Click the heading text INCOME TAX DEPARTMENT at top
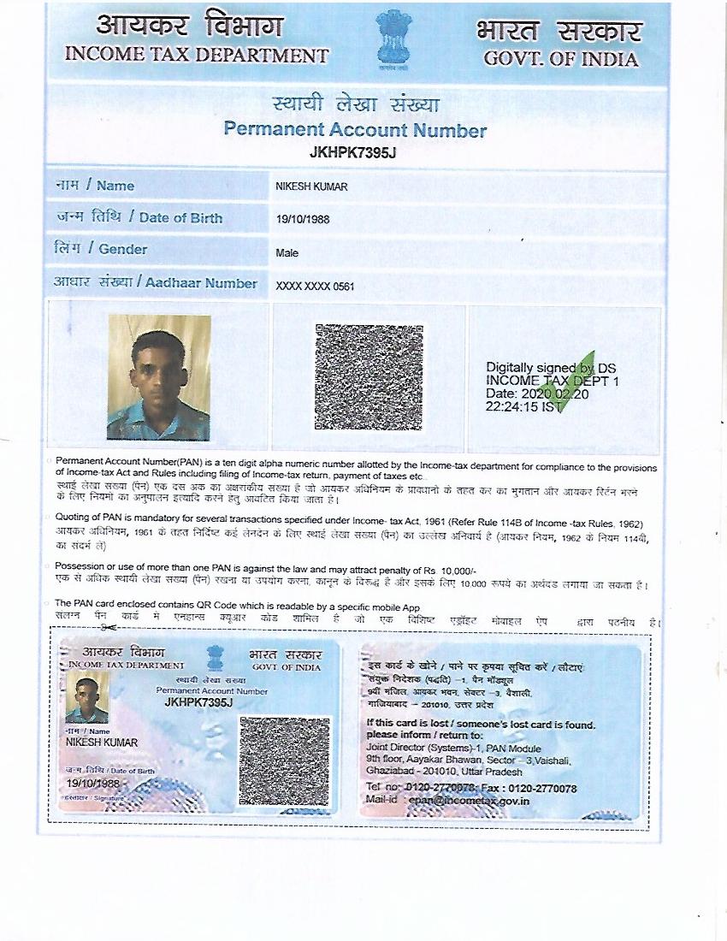197,56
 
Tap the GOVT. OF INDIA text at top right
560,59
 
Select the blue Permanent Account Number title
355,130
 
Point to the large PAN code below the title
352,154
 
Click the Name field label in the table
95,186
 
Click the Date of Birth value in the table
303,220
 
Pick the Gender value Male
287,253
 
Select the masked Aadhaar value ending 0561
315,287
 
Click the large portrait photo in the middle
159,376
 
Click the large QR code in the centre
369,376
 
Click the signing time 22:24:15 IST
524,408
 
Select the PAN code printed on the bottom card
198,702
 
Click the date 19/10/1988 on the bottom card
94,784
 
